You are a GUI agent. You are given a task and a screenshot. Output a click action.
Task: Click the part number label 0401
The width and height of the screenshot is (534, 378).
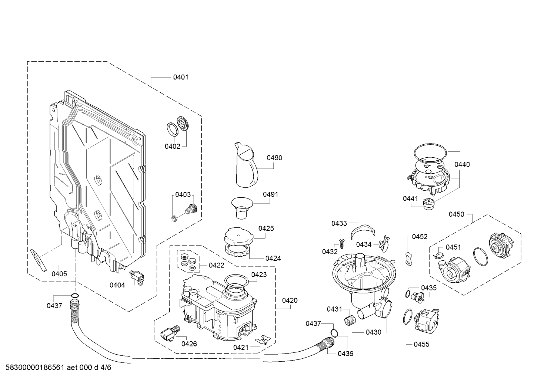(x=181, y=77)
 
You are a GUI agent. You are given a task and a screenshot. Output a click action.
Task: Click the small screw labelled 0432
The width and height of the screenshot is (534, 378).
(x=341, y=243)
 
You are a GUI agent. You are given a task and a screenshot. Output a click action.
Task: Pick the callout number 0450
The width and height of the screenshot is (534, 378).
(x=457, y=214)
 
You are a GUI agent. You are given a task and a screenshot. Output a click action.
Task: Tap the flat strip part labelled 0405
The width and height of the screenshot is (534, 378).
(x=39, y=260)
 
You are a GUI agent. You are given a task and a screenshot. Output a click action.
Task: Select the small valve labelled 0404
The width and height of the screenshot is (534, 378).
(x=137, y=278)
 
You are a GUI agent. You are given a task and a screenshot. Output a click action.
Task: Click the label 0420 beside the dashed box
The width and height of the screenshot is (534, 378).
(x=290, y=300)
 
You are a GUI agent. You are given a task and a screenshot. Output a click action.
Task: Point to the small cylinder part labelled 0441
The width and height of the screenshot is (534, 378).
(x=428, y=204)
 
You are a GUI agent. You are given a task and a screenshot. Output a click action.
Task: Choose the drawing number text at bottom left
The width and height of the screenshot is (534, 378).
(x=58, y=368)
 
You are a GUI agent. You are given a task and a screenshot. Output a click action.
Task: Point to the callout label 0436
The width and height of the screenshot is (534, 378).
(x=346, y=354)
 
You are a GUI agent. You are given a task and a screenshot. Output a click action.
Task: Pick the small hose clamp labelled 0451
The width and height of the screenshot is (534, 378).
(x=438, y=255)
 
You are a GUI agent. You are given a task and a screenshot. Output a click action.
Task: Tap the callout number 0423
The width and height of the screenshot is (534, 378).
(x=259, y=275)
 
